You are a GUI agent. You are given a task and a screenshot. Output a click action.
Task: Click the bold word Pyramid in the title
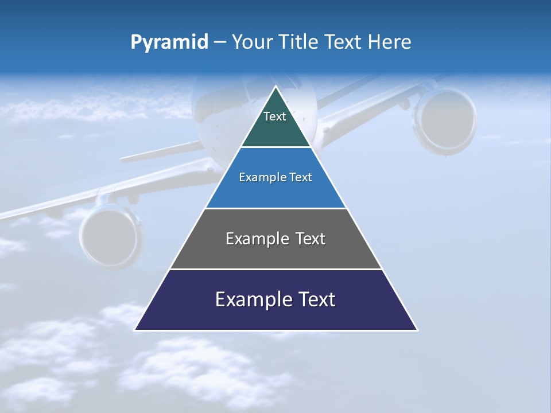(169, 42)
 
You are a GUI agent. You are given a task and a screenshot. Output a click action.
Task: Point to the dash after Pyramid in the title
(219, 42)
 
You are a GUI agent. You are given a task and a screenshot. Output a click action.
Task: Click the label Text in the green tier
(275, 116)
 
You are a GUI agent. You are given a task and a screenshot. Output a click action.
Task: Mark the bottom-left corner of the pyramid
(135, 330)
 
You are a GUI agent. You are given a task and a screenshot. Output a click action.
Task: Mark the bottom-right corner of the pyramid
(417, 330)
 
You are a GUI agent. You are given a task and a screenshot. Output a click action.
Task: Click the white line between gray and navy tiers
(275, 269)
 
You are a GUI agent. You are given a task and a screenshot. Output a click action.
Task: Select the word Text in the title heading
(342, 42)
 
